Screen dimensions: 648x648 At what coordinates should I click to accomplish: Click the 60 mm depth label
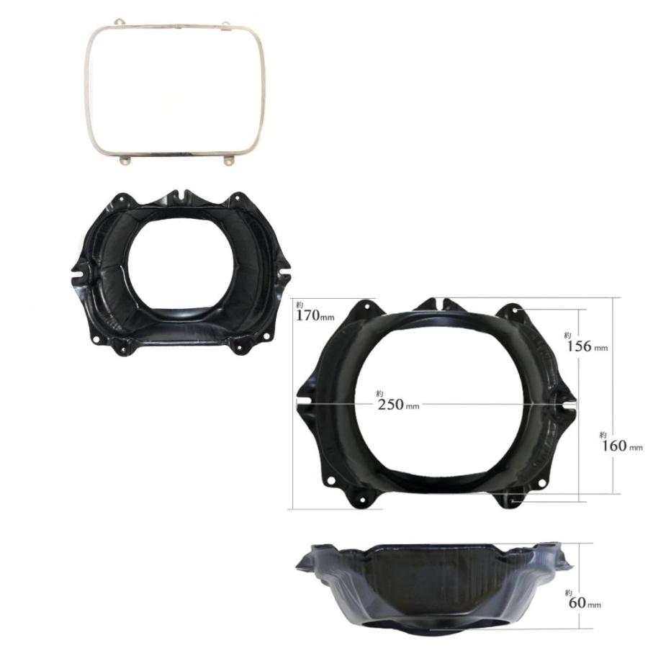(582, 603)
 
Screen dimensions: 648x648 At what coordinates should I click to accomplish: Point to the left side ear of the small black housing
(79, 274)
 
